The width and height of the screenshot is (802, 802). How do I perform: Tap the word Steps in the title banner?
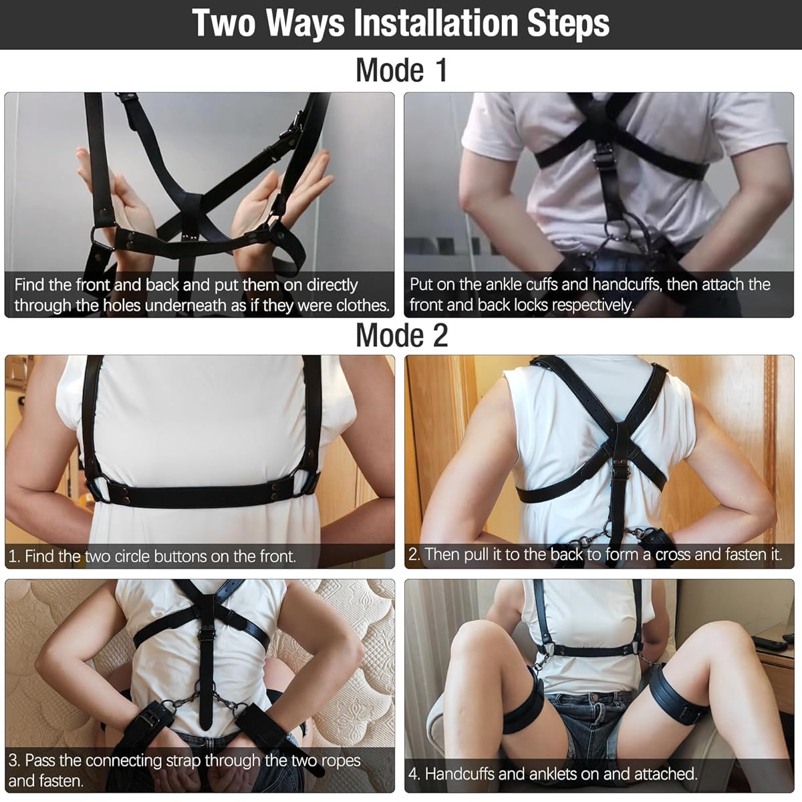pyautogui.click(x=568, y=23)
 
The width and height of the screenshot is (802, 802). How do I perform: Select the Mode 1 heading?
pyautogui.click(x=401, y=70)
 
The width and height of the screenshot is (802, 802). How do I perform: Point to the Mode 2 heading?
pyautogui.click(x=401, y=335)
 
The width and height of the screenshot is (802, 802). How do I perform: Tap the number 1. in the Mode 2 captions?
pyautogui.click(x=15, y=556)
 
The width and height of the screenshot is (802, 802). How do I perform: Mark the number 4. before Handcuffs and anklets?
pyautogui.click(x=415, y=774)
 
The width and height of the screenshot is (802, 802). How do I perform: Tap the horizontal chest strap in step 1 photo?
pyautogui.click(x=200, y=495)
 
